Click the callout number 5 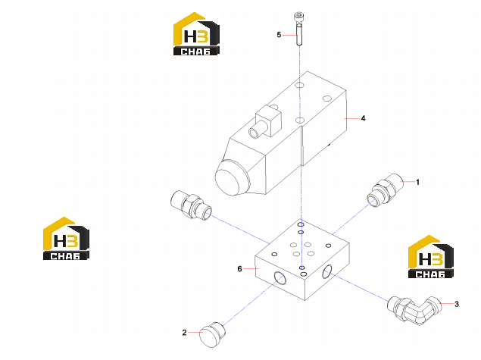pos(279,35)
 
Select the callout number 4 pos(363,118)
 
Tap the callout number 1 pos(417,182)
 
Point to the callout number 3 pos(457,304)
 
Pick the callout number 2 pos(184,333)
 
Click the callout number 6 pos(239,269)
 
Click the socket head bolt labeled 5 pos(299,29)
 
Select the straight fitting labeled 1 pos(385,190)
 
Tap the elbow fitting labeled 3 pos(414,309)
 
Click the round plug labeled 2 pos(212,334)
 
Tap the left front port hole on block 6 pos(280,278)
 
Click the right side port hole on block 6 pos(327,271)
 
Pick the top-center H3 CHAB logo pos(196,34)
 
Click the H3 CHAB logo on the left pos(66,239)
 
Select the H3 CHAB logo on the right pos(431,257)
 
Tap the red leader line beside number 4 pos(352,118)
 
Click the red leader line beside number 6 pos(251,268)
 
